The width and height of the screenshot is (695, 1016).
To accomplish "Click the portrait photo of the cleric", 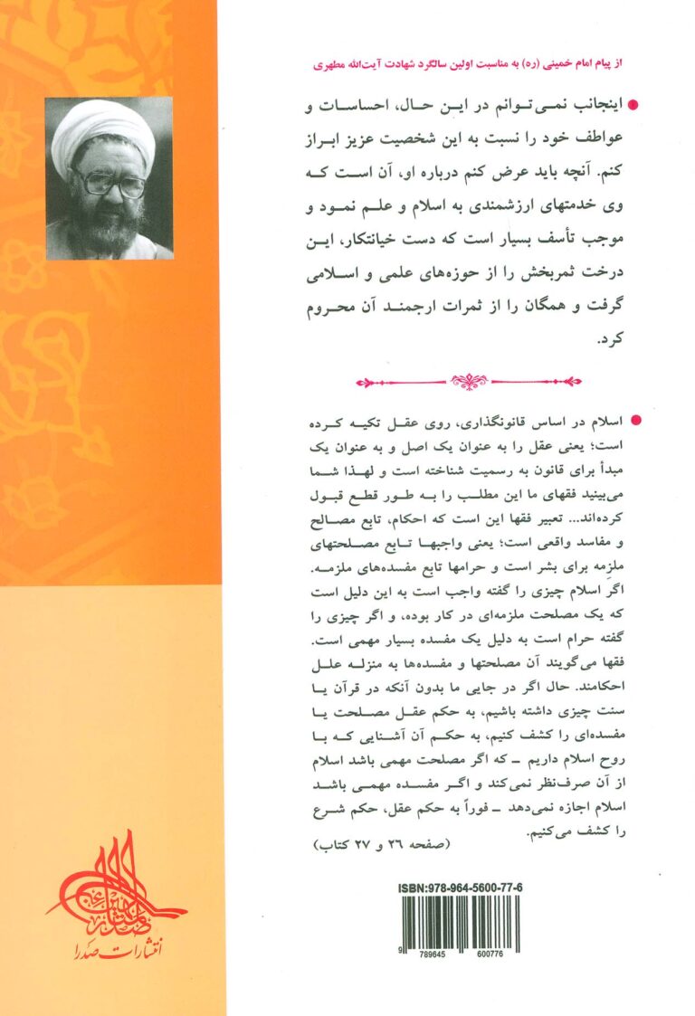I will coord(109,178).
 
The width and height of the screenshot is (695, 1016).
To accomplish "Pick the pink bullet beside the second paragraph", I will coord(633,421).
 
